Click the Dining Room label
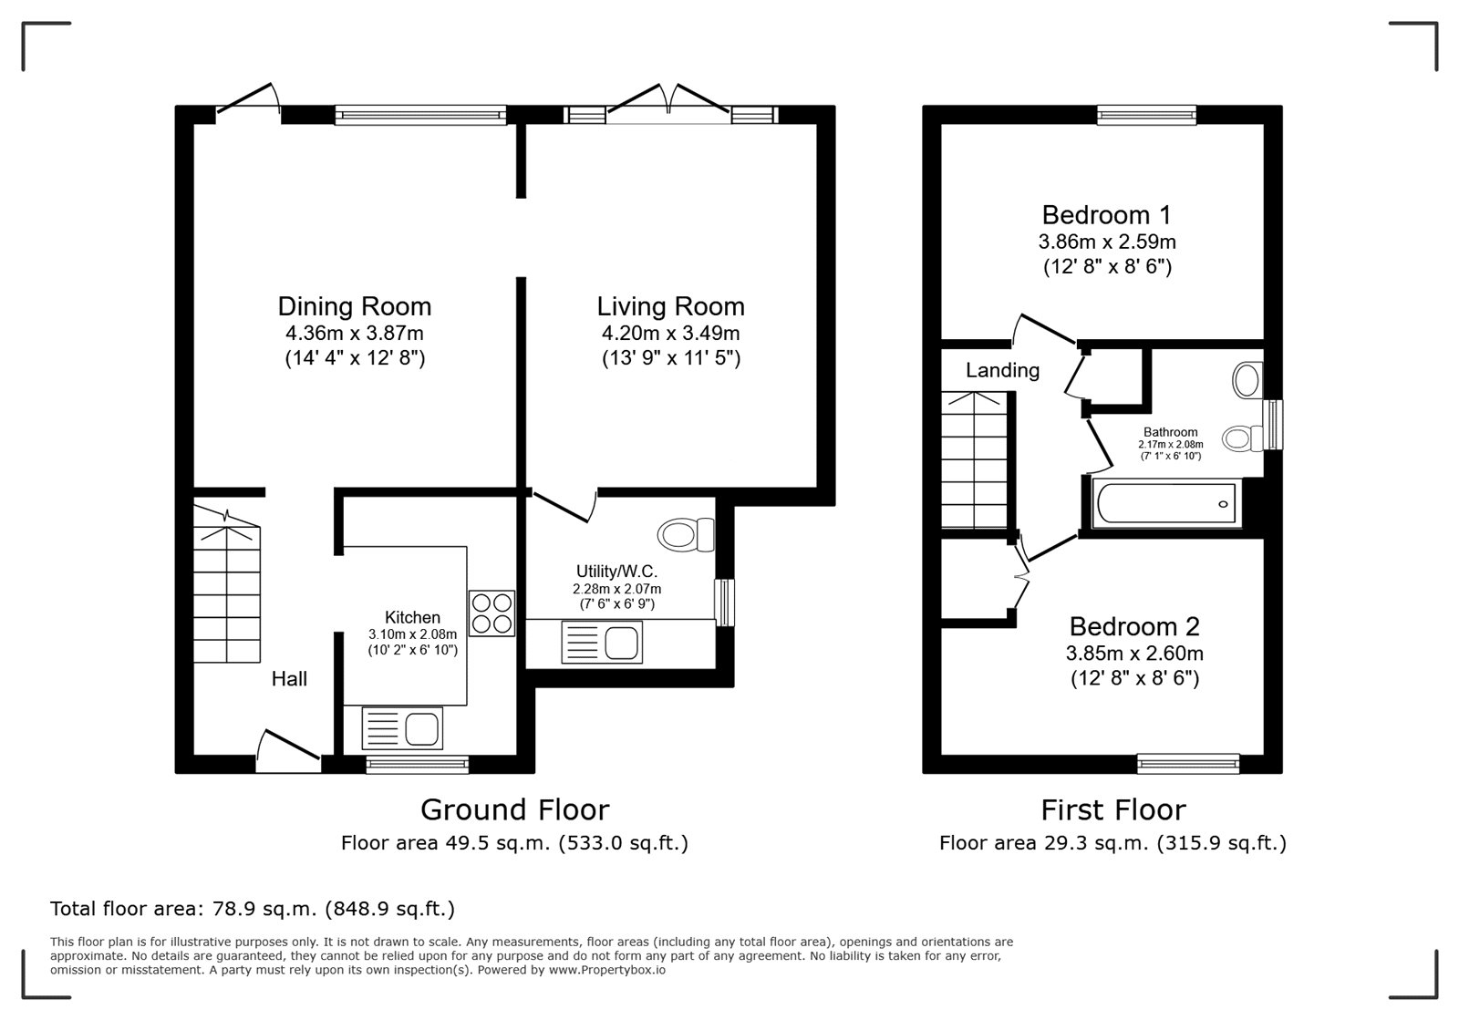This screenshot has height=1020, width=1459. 355,306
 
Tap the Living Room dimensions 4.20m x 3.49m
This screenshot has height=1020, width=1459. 670,334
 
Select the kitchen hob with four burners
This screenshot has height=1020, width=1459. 492,613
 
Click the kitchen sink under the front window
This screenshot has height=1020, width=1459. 402,727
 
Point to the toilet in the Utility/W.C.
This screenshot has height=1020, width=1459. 686,534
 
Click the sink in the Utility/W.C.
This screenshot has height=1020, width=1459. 601,643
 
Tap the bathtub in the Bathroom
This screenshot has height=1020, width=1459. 1166,504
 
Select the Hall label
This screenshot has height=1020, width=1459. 289,679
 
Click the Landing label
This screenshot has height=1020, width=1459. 1002,370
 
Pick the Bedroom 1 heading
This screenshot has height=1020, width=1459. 1107,215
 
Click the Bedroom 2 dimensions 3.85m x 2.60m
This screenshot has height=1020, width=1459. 1134,653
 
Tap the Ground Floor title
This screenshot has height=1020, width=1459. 514,809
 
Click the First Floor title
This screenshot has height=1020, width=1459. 1113,809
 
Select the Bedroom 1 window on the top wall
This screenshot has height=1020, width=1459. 1146,115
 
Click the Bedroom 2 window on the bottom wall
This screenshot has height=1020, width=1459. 1188,764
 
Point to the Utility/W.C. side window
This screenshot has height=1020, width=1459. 724,603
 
